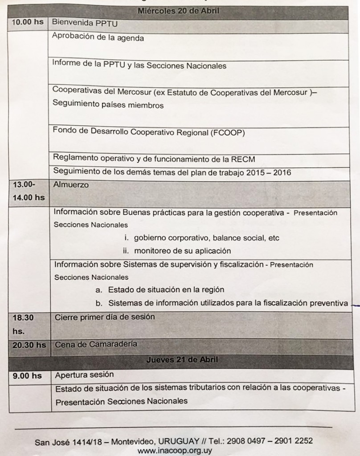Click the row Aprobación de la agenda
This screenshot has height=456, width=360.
point(98,38)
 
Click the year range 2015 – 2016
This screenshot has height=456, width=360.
point(267,172)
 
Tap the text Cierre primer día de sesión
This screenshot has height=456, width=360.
point(104,318)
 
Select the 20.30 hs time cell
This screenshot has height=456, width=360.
point(28,345)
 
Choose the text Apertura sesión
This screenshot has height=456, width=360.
point(84,375)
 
